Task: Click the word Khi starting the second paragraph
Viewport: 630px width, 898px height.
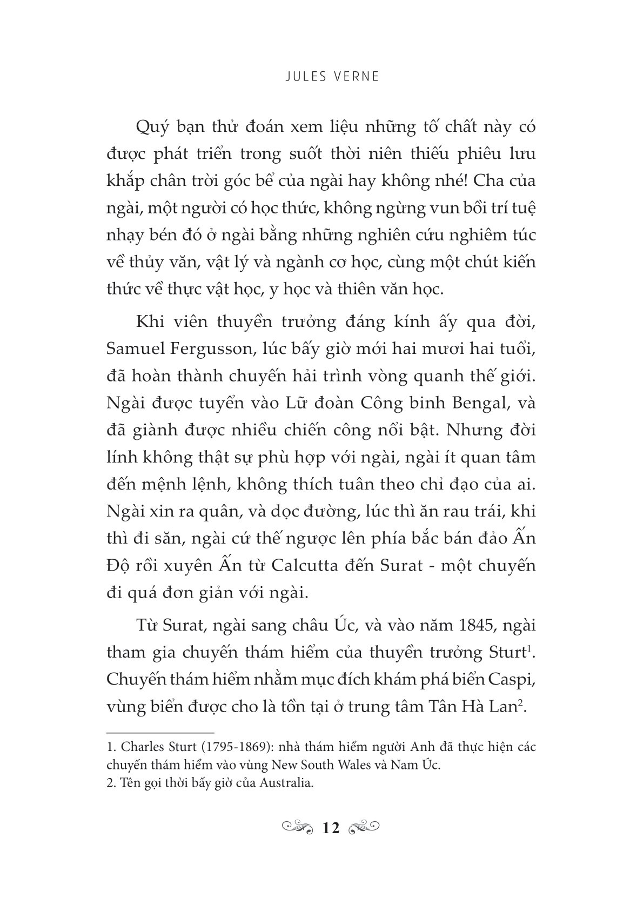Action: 146,323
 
